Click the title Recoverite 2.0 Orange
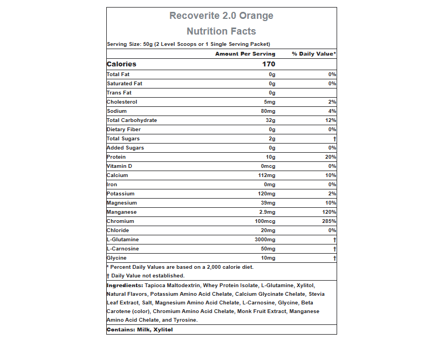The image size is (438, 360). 221,16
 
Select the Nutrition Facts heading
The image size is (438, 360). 221,31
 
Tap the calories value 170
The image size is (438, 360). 269,64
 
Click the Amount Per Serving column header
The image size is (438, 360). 245,54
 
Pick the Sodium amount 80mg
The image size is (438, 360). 268,111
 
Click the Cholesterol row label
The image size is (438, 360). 122,102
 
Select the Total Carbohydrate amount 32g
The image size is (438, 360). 270,120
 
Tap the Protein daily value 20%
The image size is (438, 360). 331,157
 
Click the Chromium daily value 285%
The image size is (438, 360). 329,221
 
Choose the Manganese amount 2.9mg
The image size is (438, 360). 266,212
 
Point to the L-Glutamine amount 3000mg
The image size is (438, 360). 265,240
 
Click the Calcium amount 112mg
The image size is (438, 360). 266,175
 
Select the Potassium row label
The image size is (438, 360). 121,194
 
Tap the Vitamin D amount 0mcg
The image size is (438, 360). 268,166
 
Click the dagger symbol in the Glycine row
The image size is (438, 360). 334,258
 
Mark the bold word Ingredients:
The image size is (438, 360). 125,285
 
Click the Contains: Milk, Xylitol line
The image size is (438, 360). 140,329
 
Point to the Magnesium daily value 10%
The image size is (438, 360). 331,203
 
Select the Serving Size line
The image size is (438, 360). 188,44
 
